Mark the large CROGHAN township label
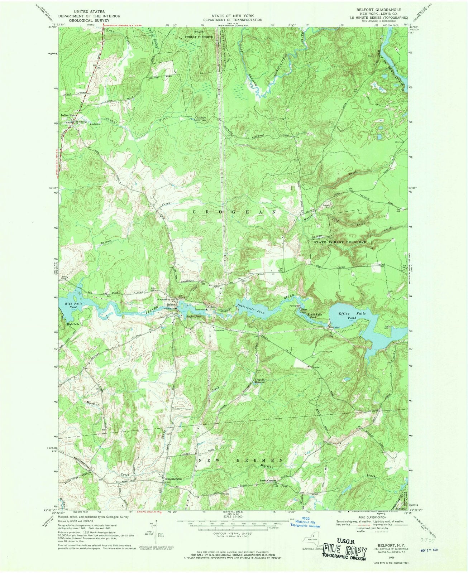click(x=235, y=212)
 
